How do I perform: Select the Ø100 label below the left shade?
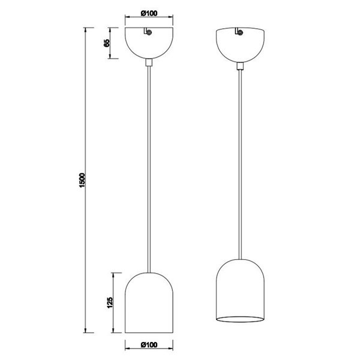[x=148, y=346]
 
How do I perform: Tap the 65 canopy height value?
[x=106, y=43]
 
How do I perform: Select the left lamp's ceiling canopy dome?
[x=149, y=45]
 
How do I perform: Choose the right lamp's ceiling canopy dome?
[x=240, y=45]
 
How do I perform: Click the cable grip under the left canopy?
[x=149, y=62]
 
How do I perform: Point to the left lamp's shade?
[x=149, y=303]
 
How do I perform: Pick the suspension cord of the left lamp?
[x=149, y=168]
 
